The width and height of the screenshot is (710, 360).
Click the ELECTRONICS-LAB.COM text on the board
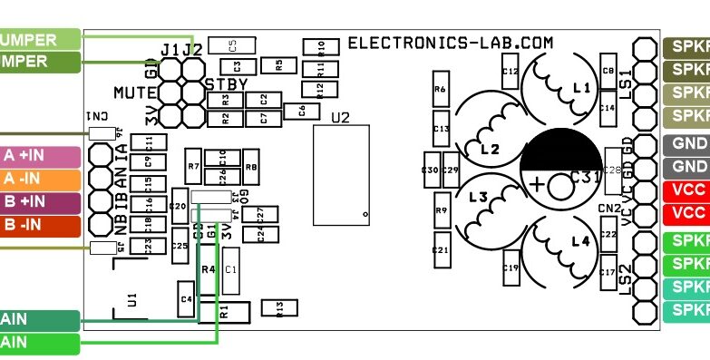click(451, 42)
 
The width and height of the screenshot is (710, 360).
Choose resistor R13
click(279, 308)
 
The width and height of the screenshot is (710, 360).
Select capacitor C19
click(510, 267)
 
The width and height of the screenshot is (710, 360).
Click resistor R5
click(278, 63)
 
